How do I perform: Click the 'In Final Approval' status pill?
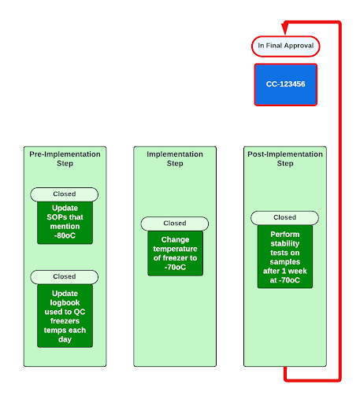tap(285, 46)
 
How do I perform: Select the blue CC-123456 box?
tap(285, 83)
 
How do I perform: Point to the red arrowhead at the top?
tap(288, 22)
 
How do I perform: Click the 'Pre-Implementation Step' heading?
tap(65, 159)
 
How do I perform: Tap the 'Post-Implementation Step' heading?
tap(285, 159)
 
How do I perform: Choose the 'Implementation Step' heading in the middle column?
tap(175, 159)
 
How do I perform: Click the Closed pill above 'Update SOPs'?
tap(65, 194)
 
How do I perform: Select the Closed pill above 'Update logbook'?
tap(65, 276)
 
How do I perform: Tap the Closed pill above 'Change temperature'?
tap(175, 224)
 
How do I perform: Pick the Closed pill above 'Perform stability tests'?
tap(284, 217)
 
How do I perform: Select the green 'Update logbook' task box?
tap(65, 315)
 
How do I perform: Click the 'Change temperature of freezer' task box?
tap(175, 253)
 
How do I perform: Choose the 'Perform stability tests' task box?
tap(284, 256)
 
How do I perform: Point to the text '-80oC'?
tap(65, 235)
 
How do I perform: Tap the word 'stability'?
tap(284, 245)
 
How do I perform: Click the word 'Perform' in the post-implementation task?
tap(284, 234)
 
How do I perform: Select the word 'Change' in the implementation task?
tap(175, 239)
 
